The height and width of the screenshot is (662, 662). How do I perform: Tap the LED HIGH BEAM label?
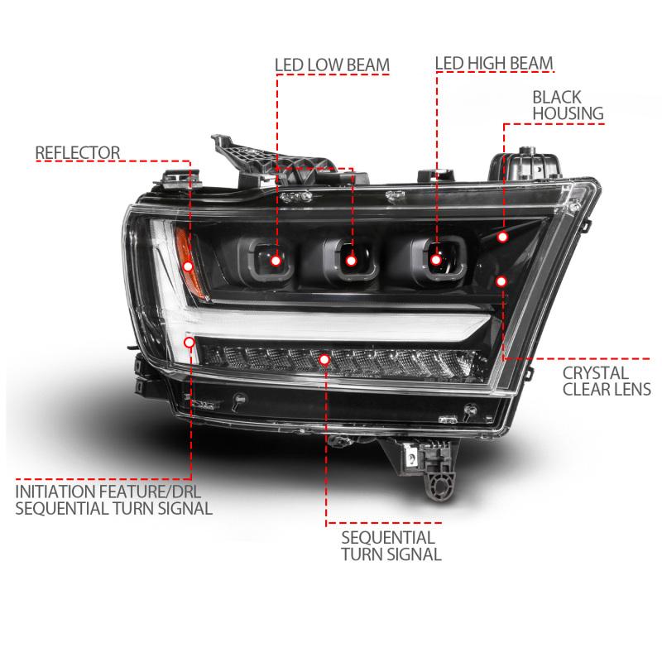[494, 63]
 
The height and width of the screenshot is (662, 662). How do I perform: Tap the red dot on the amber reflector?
[189, 266]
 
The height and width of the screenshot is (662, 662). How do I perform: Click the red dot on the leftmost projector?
[276, 261]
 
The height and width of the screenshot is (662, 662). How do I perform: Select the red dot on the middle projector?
[351, 261]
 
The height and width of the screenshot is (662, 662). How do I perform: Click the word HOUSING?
[568, 113]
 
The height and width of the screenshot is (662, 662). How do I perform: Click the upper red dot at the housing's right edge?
[502, 237]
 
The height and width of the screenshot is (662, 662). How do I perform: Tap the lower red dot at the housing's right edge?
[500, 281]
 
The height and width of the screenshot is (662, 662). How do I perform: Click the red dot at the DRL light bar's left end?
[191, 341]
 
